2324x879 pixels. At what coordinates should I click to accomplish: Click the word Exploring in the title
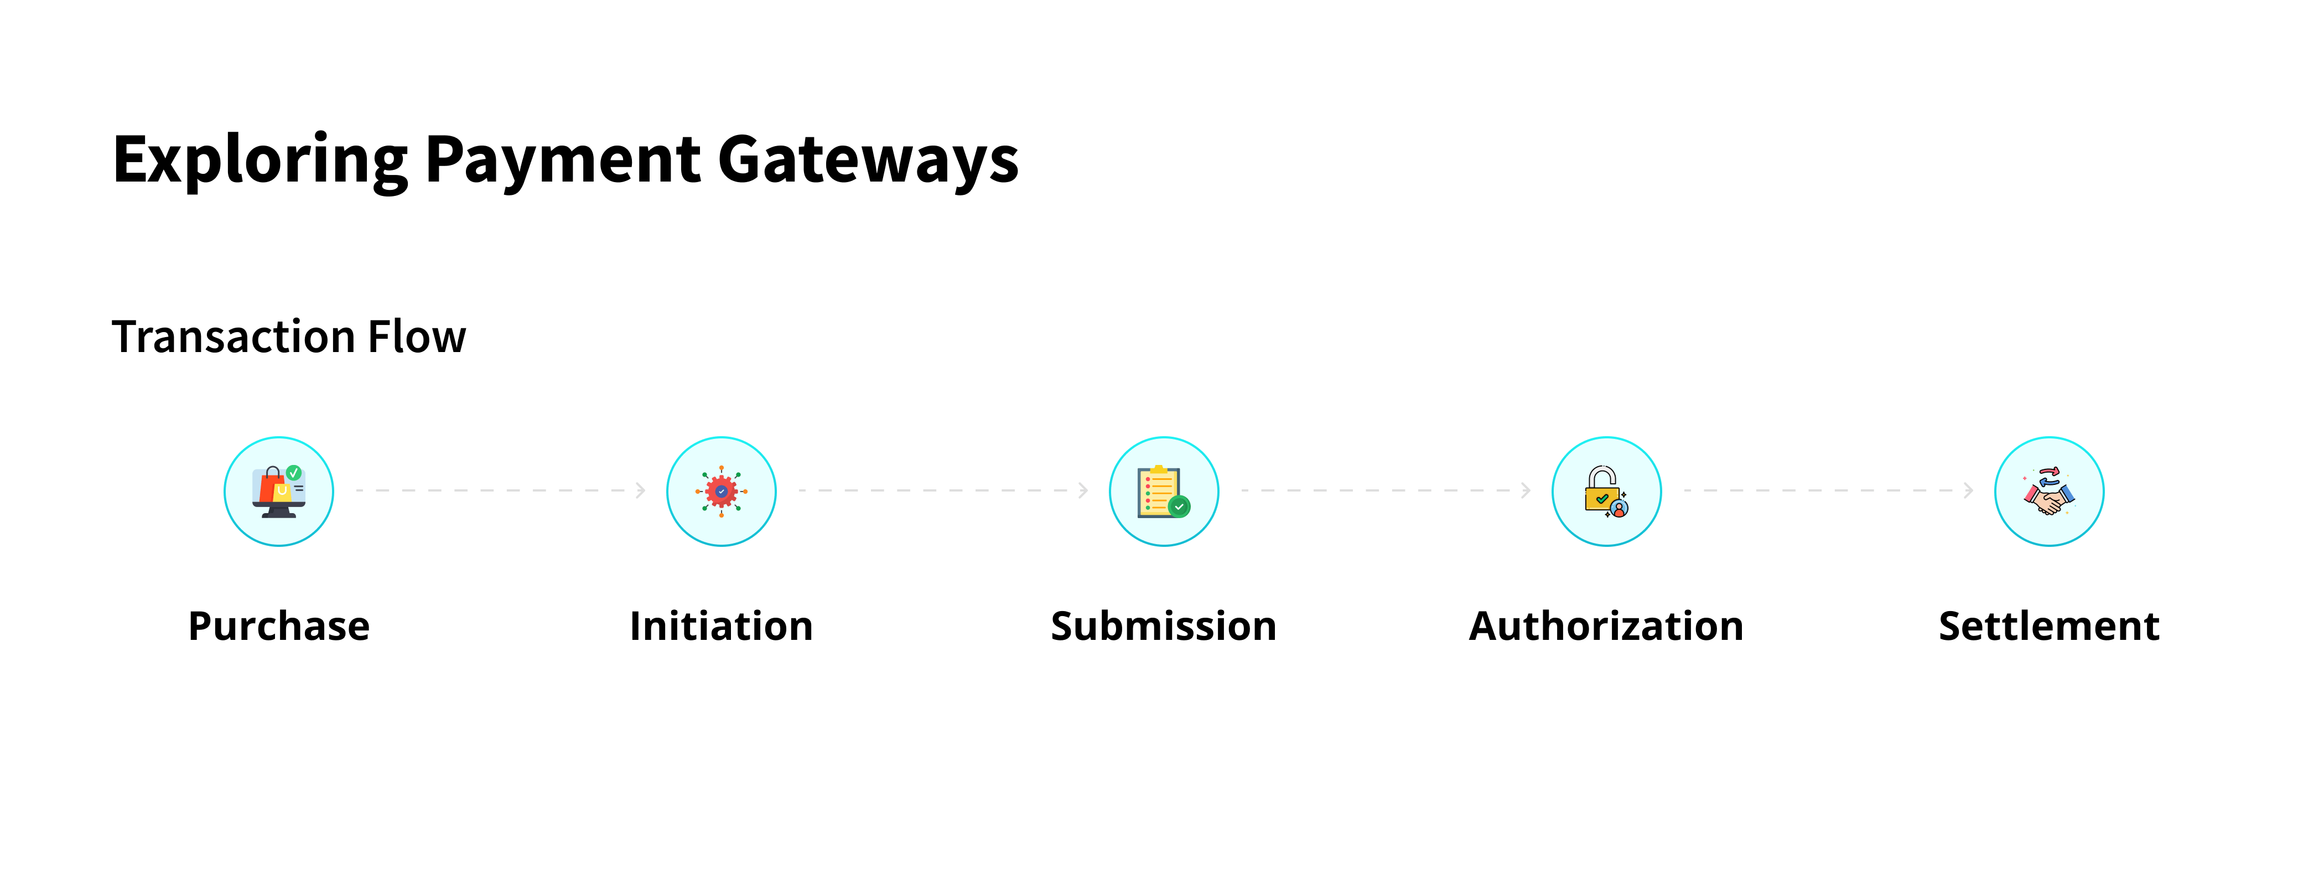[260, 161]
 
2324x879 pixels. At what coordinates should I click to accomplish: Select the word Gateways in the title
[868, 161]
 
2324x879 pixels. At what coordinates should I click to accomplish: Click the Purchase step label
[279, 626]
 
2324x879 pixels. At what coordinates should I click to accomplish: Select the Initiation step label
[721, 626]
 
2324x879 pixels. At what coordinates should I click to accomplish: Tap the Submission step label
[1164, 626]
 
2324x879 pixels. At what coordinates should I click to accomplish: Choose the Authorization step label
[1606, 626]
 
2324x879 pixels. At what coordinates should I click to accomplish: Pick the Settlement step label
[2049, 626]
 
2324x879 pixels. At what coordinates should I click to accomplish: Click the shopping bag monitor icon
[279, 492]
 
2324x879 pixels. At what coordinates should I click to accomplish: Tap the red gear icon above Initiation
[721, 492]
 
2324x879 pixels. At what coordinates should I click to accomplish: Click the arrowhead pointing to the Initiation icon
[641, 490]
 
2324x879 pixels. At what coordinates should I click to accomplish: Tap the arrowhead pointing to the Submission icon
[1083, 490]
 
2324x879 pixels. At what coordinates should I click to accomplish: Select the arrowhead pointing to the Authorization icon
[1526, 490]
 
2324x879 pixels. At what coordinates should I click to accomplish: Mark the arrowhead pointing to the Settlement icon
[1969, 490]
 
